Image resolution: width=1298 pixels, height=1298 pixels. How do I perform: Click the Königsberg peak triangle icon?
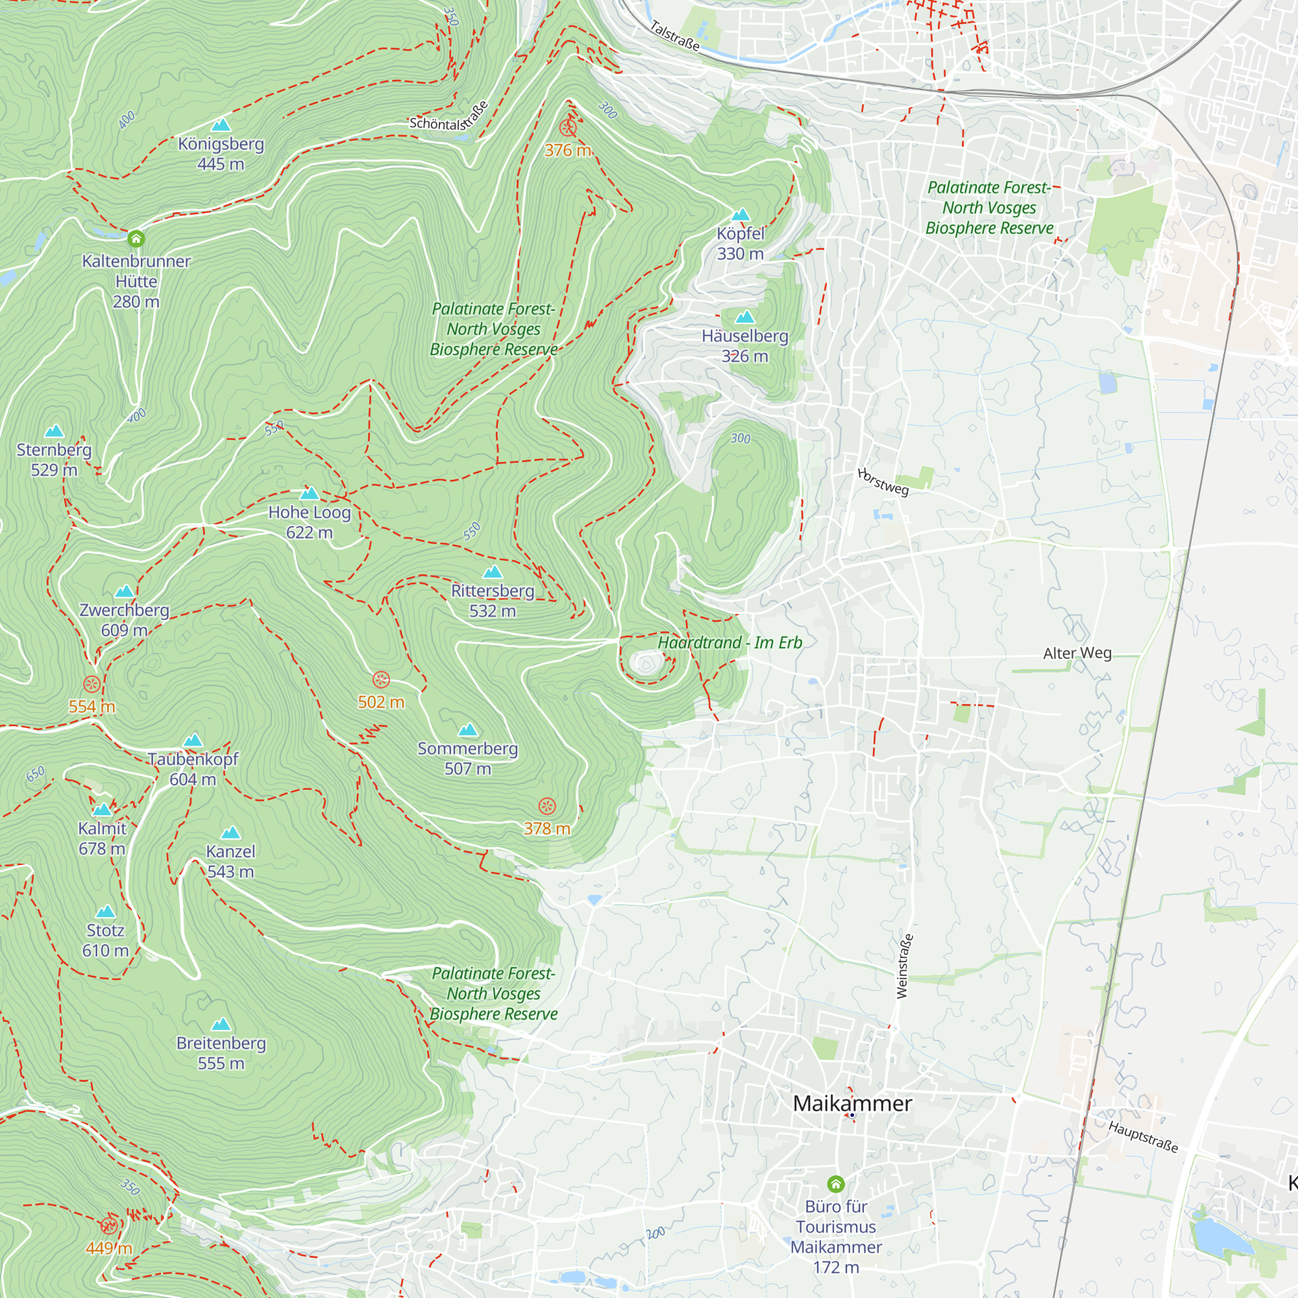point(221,125)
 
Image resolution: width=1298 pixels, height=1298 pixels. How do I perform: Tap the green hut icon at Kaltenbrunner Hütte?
point(136,238)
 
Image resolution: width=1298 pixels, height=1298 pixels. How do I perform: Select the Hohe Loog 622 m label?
point(310,522)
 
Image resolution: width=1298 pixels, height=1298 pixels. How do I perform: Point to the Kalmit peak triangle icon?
point(102,809)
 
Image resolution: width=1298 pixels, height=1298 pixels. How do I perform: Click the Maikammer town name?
point(852,1103)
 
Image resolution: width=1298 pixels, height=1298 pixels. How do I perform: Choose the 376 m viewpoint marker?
point(568,128)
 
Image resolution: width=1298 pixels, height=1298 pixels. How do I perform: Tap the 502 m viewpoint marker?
point(381,680)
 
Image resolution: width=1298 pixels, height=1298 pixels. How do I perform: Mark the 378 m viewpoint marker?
point(548,806)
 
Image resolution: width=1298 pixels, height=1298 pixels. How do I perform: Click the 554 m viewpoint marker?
point(92,684)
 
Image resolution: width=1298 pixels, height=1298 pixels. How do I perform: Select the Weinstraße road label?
point(904,966)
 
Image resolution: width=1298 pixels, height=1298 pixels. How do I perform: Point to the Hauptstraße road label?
point(1143,1137)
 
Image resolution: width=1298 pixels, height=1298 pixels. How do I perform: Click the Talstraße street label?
point(675,36)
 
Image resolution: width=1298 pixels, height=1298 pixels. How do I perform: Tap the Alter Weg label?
point(1077,653)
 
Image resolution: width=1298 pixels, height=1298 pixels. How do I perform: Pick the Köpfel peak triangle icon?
point(741,215)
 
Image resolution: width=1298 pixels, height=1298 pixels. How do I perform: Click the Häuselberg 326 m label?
point(744,345)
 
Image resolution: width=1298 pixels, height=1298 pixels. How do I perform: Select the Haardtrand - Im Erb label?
point(729,643)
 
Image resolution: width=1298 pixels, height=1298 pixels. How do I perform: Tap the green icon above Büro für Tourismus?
point(836,1184)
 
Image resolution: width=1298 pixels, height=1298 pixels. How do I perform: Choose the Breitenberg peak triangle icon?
point(221,1025)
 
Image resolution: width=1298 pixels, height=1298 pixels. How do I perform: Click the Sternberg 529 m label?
point(54,459)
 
